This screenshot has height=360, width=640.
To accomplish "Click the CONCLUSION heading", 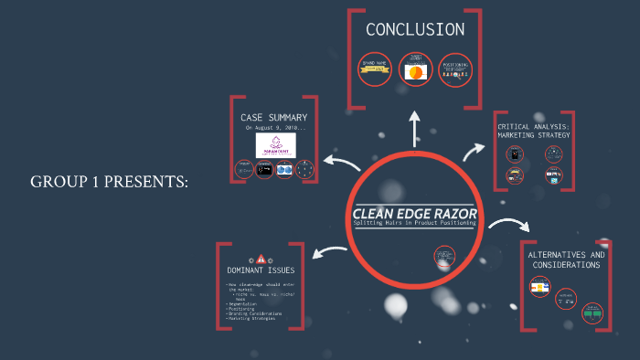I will click(x=414, y=29).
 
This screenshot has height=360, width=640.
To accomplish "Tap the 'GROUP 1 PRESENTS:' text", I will click(x=110, y=182).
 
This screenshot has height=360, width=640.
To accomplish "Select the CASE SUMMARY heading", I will click(x=273, y=118).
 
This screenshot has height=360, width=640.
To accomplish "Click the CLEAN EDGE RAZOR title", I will click(x=414, y=214).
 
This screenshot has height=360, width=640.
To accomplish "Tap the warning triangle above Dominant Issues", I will click(x=261, y=259).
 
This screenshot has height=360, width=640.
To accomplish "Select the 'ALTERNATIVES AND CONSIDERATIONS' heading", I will click(x=566, y=259).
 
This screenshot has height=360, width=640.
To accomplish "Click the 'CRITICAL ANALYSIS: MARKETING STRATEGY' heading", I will click(x=533, y=130).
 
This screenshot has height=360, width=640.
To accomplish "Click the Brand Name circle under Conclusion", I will click(x=375, y=69).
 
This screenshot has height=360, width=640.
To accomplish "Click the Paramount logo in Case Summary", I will click(x=274, y=146).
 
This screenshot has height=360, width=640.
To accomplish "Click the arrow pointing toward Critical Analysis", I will click(x=476, y=151).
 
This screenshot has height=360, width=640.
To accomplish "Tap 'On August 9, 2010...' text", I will click(x=274, y=129).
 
